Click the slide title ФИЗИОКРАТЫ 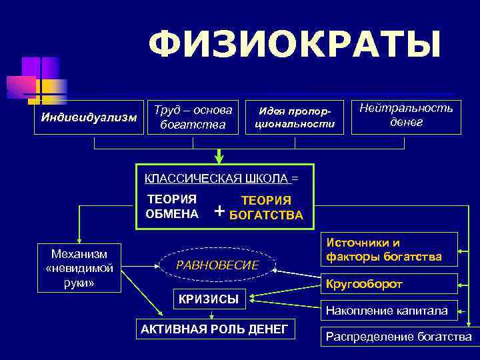click(295, 46)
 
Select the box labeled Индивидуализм click(89, 118)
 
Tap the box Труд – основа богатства click(193, 117)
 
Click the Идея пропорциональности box click(293, 117)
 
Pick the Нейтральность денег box click(405, 115)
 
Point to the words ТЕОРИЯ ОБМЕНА click(172, 207)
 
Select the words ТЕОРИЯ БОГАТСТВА click(266, 208)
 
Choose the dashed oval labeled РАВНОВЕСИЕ click(218, 265)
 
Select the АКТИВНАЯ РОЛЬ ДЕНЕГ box click(214, 329)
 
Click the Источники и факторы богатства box click(390, 250)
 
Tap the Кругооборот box click(390, 284)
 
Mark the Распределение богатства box click(398, 337)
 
